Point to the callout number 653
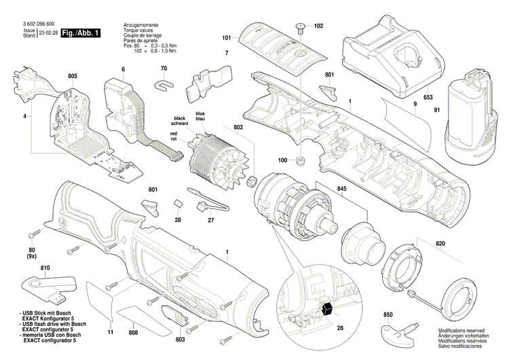429,98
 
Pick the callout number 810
45,270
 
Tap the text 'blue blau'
200,116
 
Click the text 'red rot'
174,139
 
